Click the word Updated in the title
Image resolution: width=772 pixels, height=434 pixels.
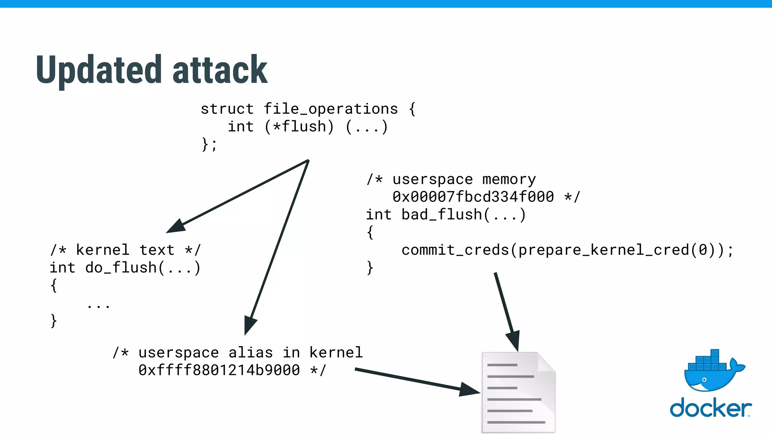(x=99, y=70)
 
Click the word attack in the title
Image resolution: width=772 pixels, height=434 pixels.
(x=220, y=70)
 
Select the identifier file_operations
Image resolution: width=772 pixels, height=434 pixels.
(x=331, y=109)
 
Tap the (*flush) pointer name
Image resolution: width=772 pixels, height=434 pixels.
(x=299, y=127)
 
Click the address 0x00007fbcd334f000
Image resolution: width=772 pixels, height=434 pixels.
(x=473, y=197)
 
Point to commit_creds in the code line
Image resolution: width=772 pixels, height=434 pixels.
(x=455, y=250)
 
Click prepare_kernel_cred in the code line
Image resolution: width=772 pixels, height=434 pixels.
(x=604, y=250)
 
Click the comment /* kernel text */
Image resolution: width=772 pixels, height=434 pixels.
(x=126, y=250)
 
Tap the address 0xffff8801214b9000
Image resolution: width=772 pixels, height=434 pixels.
(x=219, y=370)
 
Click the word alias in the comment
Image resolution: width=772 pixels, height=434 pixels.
(x=250, y=353)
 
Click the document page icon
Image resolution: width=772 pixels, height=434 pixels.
(x=518, y=393)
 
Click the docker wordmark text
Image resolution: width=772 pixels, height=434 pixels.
(x=710, y=408)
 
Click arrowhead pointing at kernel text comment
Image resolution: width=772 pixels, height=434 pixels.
(x=176, y=226)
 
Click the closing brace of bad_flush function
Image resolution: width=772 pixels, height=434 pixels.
(x=370, y=268)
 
